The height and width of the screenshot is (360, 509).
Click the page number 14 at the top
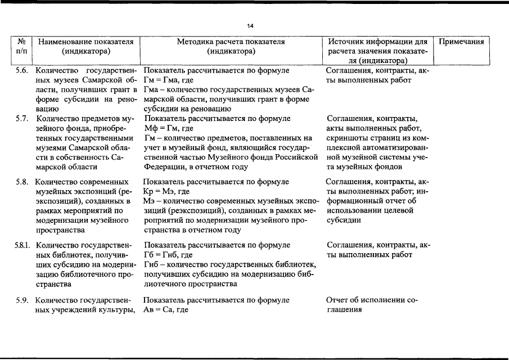coord(250,25)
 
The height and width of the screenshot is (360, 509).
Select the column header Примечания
coord(461,42)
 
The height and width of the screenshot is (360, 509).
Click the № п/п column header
coord(22,46)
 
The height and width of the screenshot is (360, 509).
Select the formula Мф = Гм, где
coord(171,128)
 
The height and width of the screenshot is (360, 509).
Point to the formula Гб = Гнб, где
coord(170,255)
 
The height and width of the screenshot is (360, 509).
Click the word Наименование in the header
coord(63,42)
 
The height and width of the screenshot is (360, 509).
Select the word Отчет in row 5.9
coord(337,300)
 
